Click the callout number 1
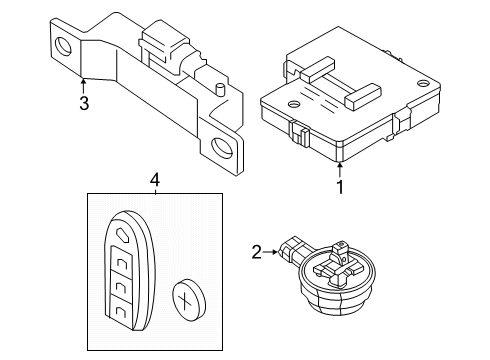point(339,185)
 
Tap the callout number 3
point(84,103)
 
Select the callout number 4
point(154,180)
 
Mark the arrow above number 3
point(84,84)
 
